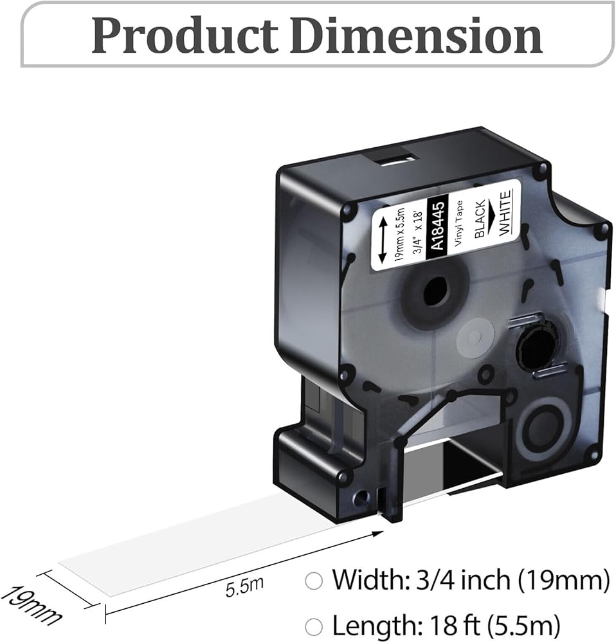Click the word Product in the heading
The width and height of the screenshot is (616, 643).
click(x=185, y=36)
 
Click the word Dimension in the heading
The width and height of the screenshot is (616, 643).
click(x=416, y=35)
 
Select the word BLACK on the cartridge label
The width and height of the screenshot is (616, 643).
click(x=480, y=219)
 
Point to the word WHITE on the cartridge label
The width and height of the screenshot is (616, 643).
click(x=505, y=212)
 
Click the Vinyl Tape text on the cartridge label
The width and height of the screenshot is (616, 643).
click(x=459, y=224)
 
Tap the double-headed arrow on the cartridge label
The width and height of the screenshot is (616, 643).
click(x=383, y=240)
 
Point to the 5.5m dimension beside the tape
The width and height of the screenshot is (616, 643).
click(x=244, y=587)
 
